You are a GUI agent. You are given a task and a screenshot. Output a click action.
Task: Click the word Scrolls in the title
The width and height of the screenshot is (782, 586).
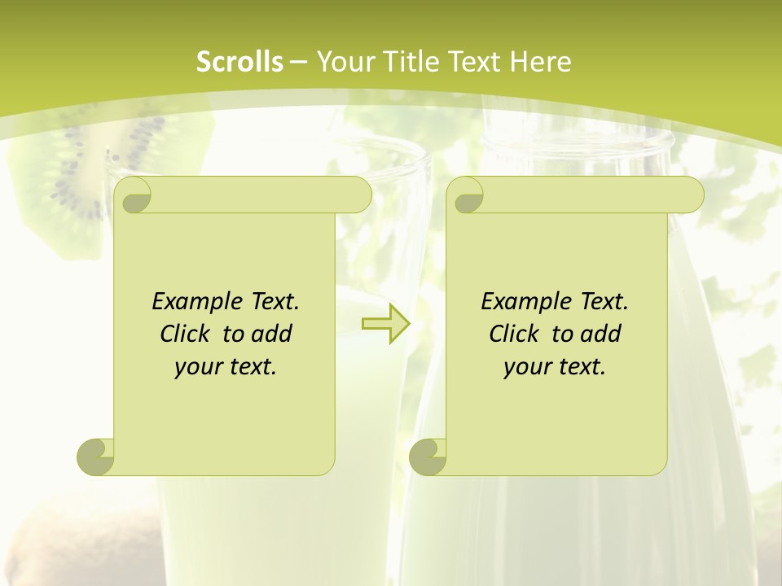click(239, 62)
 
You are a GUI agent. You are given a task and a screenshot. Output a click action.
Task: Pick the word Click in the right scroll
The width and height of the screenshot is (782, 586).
click(513, 334)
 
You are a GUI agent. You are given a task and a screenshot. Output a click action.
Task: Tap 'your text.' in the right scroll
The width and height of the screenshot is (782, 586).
click(555, 367)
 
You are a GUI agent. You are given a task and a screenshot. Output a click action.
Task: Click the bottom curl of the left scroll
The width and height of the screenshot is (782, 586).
click(95, 457)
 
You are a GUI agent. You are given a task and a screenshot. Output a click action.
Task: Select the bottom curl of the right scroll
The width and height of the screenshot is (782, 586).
click(428, 457)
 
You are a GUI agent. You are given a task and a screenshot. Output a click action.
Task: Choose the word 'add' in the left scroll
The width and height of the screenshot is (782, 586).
click(272, 334)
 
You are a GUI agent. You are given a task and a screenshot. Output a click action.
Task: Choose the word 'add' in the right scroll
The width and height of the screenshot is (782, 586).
click(601, 334)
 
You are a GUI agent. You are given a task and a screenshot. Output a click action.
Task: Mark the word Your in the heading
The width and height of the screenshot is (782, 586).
click(342, 62)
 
